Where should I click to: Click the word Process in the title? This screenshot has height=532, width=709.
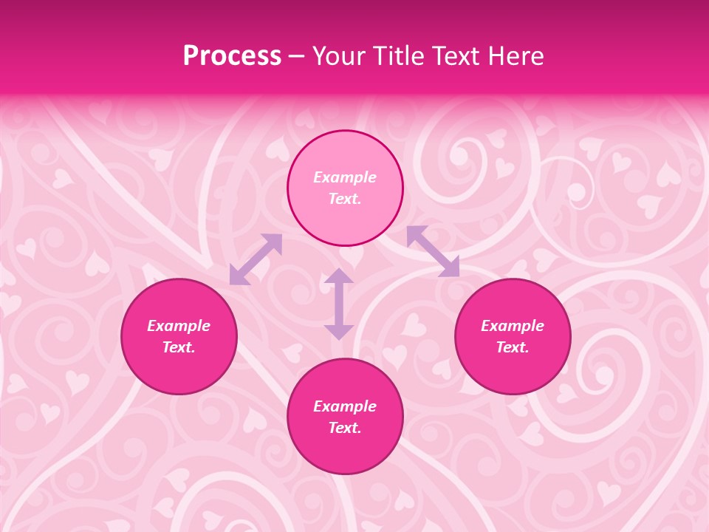click(x=232, y=56)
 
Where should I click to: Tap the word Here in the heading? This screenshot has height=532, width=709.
click(x=515, y=56)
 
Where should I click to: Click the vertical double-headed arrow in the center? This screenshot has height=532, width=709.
click(x=339, y=304)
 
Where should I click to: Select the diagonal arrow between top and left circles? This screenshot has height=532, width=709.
click(x=256, y=259)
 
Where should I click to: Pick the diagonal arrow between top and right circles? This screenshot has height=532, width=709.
click(x=433, y=251)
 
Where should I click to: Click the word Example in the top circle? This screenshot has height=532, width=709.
click(x=345, y=177)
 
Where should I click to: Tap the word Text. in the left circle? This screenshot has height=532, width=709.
click(x=179, y=347)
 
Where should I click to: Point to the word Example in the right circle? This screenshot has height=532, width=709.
click(x=513, y=326)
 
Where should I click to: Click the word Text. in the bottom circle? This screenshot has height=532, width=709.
click(x=345, y=428)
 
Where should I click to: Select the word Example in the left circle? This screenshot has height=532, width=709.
click(x=179, y=326)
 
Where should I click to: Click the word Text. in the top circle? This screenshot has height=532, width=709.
click(x=345, y=199)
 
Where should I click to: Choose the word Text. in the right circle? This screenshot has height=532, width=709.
click(x=513, y=347)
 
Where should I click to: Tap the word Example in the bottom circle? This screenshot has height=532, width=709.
click(x=345, y=406)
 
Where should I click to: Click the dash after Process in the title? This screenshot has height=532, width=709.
click(x=297, y=57)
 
